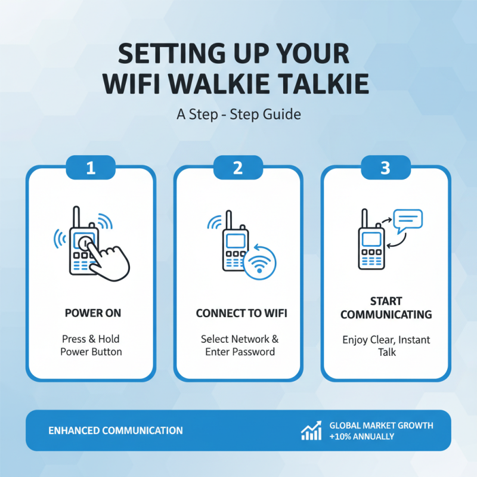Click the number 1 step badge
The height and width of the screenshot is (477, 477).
(91, 168)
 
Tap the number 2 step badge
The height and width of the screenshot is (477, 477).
(238, 168)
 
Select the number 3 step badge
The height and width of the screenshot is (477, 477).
(385, 168)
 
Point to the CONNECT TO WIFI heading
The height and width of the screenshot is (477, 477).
(238, 313)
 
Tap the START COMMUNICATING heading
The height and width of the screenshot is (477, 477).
(385, 307)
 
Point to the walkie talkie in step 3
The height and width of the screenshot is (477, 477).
(371, 244)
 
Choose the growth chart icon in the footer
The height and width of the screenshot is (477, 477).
(311, 431)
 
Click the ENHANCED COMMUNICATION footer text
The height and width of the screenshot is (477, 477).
(116, 430)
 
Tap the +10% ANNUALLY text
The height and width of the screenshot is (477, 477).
(362, 436)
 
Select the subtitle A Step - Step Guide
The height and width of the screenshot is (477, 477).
(238, 114)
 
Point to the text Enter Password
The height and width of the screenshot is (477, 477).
(240, 352)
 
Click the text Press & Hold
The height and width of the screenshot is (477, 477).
(91, 339)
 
